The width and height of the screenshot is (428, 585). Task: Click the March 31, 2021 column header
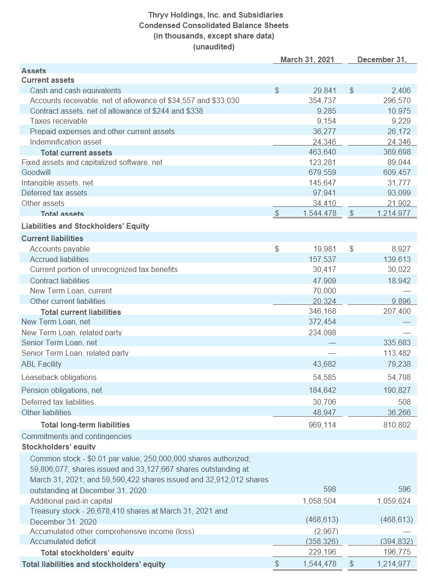[307, 59]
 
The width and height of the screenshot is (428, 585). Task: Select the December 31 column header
[382, 59]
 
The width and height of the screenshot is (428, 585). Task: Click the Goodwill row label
[36, 172]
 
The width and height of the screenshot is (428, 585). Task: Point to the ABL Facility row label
[41, 364]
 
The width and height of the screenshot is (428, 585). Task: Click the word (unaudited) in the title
[214, 47]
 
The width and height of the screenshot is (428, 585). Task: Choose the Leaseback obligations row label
[59, 377]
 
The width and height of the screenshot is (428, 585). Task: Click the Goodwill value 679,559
[322, 172]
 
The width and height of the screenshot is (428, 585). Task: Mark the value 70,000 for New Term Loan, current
[325, 291]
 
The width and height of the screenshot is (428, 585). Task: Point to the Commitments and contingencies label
[77, 436]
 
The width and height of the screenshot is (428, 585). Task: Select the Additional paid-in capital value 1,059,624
[394, 501]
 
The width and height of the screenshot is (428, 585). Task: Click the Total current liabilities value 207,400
[397, 312]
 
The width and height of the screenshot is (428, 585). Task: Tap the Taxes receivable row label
[58, 121]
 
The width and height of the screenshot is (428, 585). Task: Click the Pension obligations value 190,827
[397, 390]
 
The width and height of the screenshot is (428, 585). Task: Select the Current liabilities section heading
[52, 238]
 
